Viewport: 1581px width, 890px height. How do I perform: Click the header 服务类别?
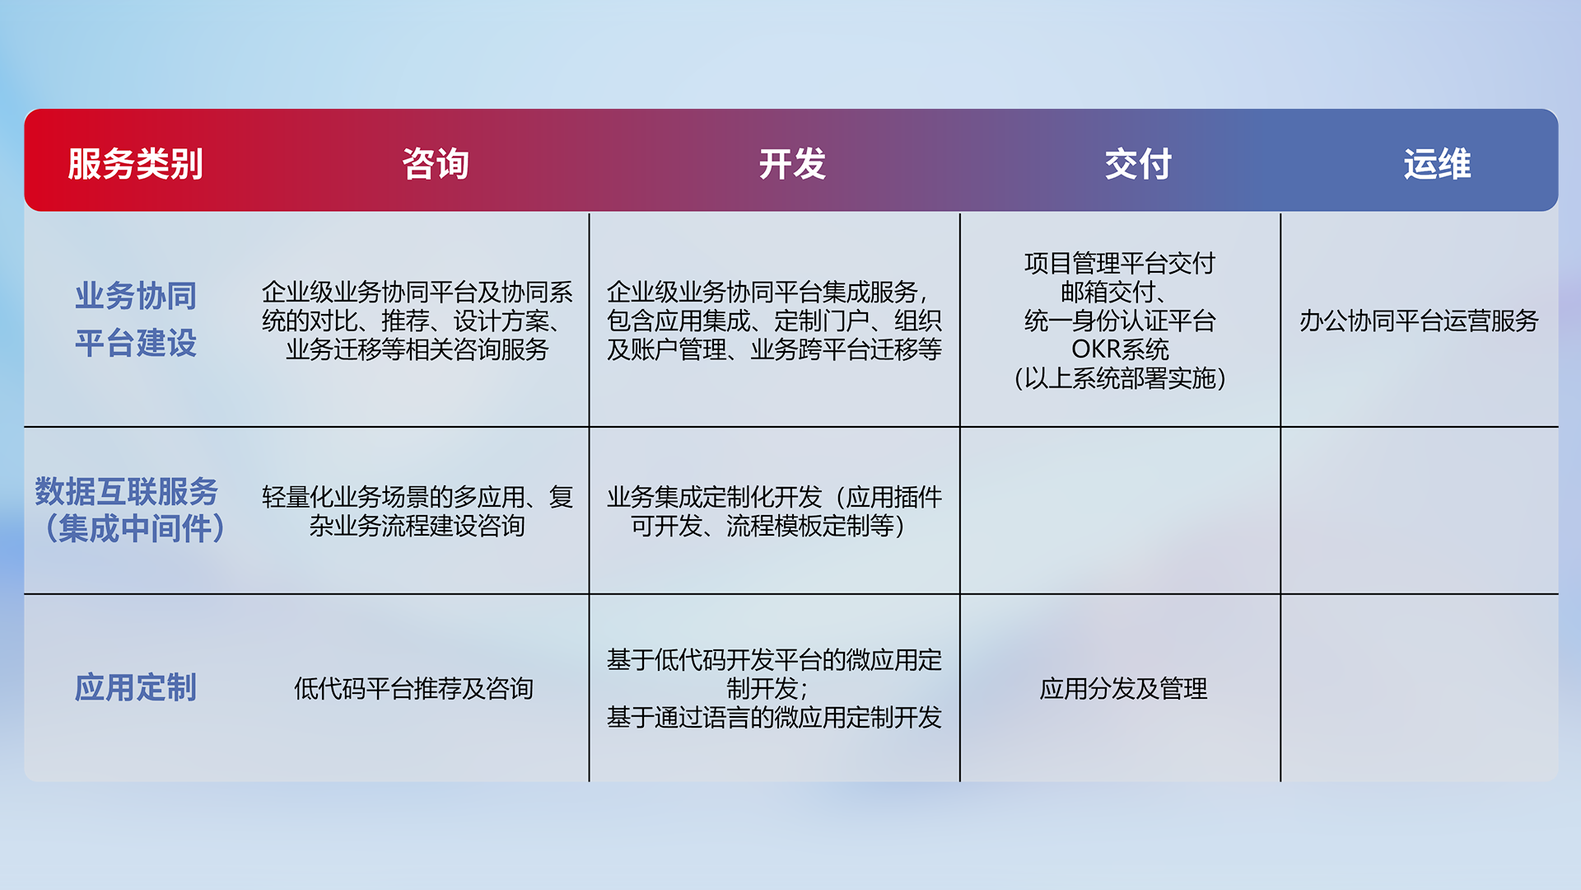(135, 164)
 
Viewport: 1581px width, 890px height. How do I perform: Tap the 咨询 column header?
(436, 164)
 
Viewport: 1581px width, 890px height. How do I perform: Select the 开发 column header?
(792, 164)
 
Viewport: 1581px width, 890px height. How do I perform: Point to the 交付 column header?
(1138, 164)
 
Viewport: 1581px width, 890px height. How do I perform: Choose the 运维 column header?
(1437, 164)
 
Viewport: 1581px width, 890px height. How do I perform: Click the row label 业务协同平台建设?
(136, 320)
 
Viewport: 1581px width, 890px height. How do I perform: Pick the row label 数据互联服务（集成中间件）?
(130, 510)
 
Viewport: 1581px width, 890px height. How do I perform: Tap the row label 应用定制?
(136, 687)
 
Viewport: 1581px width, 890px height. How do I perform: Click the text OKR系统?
(1120, 349)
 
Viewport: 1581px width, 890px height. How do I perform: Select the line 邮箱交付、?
(1115, 292)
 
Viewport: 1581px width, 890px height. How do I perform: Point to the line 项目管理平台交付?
(1120, 263)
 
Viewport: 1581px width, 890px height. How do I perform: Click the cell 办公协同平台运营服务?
(1419, 321)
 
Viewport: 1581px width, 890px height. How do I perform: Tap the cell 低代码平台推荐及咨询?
(413, 688)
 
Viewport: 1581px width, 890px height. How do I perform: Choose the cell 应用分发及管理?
(1123, 688)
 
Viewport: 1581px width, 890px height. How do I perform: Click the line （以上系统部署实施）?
(1120, 378)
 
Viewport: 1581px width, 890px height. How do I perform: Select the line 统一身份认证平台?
(1120, 321)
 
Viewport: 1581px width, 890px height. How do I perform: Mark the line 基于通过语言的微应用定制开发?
(774, 717)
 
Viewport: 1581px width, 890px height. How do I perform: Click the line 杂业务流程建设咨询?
(417, 526)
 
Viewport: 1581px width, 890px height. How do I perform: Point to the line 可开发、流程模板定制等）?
(769, 526)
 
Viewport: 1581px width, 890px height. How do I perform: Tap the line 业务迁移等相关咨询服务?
(417, 349)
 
